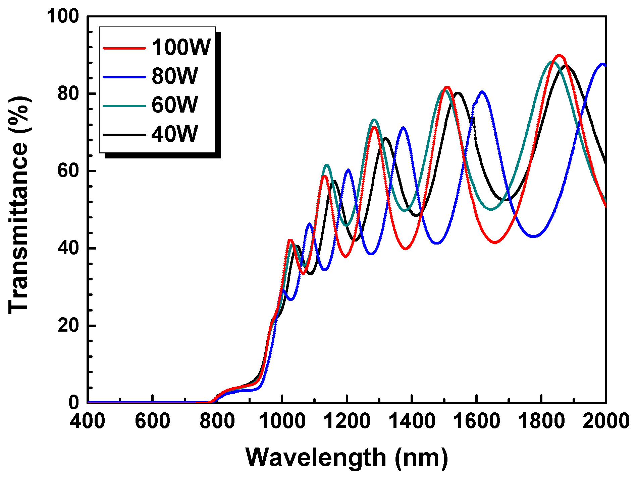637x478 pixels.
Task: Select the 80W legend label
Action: coord(175,76)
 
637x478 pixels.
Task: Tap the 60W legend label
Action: coord(175,105)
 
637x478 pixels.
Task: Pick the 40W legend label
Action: coord(175,134)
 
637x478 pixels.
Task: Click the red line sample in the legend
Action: coord(124,48)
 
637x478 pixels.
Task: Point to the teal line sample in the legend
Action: coord(124,106)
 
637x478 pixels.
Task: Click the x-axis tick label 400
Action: coord(87,421)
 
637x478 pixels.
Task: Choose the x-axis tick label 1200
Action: coord(347,421)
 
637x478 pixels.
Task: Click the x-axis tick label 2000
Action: coord(605,421)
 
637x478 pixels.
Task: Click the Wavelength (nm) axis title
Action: coord(347,458)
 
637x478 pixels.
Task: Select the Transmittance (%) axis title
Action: coord(18,205)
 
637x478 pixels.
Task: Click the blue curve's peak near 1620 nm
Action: coord(482,91)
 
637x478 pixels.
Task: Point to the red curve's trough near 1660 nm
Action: coord(495,242)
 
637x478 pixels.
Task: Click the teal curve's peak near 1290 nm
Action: coord(374,120)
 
